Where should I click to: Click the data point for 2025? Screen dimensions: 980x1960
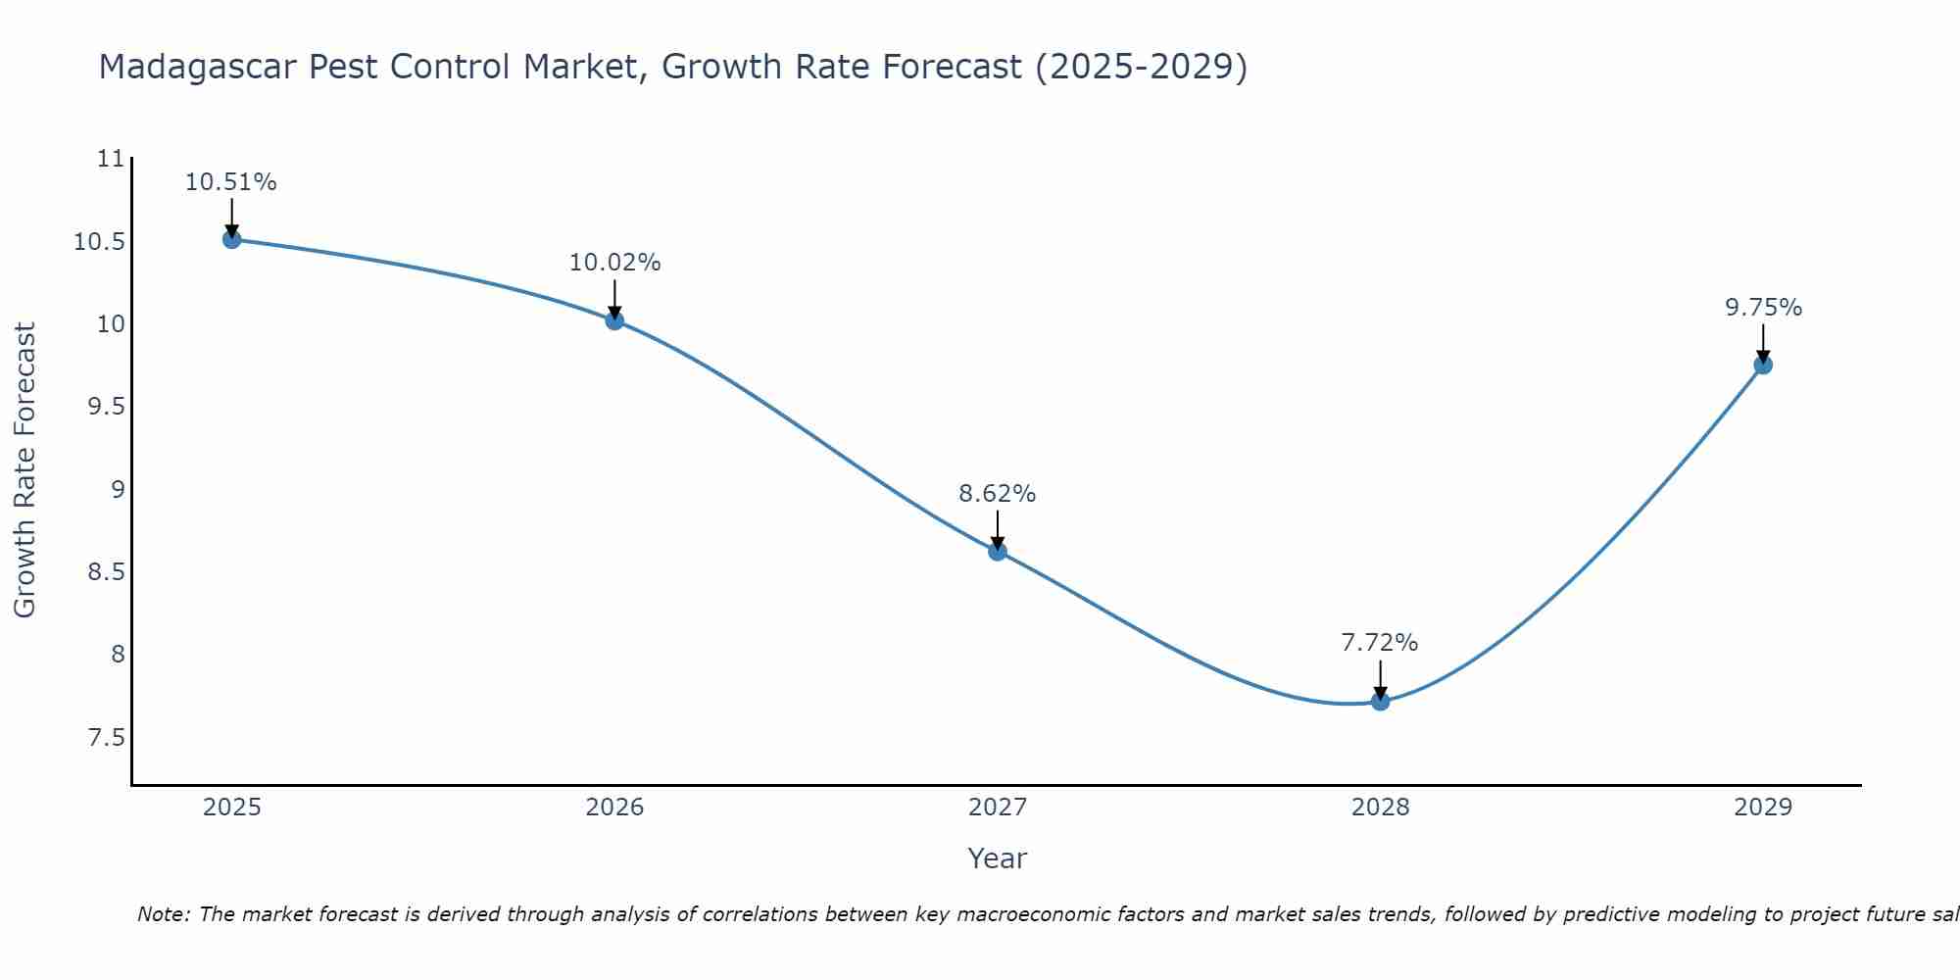pos(231,239)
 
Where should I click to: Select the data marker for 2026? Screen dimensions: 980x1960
pos(614,320)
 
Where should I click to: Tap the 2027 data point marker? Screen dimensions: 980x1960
pos(998,552)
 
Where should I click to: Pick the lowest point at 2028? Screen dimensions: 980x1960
pos(1380,701)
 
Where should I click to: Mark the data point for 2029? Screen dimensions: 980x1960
pos(1762,366)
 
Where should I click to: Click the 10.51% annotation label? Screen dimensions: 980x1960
pos(231,182)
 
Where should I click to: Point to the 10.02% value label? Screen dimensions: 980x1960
pos(614,263)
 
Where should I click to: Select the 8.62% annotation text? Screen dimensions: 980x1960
pos(998,494)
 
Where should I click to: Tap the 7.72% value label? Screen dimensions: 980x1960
pos(1380,643)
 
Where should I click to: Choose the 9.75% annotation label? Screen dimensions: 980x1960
pos(1762,308)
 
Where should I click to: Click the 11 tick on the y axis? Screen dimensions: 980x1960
pos(112,159)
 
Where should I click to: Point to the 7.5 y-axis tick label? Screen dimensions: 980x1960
pos(107,737)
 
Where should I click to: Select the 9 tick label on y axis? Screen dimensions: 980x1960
pos(118,489)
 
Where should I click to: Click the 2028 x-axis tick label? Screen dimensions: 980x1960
pos(1380,808)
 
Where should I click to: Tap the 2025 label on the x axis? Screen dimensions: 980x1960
pos(231,808)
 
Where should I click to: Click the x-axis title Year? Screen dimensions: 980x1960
pos(997,858)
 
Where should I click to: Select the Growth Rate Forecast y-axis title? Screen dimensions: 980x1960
pos(24,470)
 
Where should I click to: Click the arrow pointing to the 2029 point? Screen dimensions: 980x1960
pos(1762,345)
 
